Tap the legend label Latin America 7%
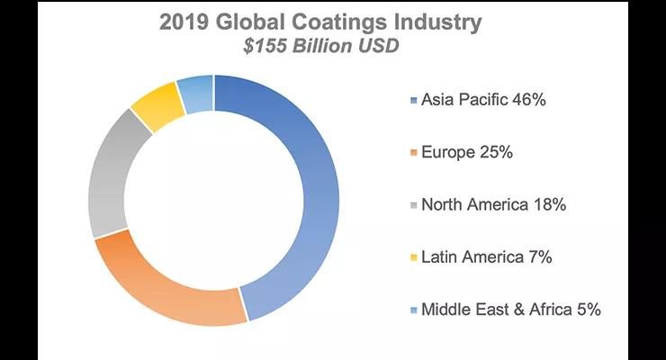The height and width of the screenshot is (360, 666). [486, 257]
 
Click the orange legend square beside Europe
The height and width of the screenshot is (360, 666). [412, 153]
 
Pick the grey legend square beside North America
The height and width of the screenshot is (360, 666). [412, 206]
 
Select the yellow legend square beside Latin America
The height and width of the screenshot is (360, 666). [412, 258]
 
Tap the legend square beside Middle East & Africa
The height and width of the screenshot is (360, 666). [412, 310]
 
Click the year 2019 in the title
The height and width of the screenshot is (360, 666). [188, 21]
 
